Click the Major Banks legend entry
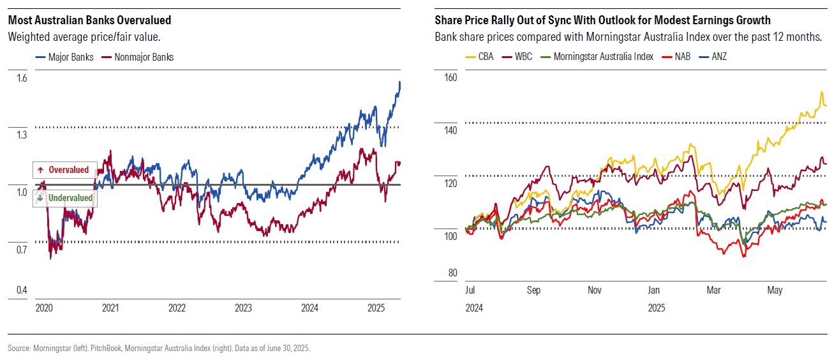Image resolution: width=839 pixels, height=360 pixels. [71, 57]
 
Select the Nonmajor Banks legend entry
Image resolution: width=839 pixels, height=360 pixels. [144, 57]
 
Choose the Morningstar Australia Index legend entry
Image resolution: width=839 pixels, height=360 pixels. [603, 56]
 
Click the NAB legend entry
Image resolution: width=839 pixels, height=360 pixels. [681, 56]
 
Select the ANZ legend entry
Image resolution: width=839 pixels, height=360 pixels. [718, 56]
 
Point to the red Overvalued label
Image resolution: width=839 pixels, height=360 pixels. [64, 170]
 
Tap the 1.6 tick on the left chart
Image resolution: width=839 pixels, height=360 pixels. [22, 79]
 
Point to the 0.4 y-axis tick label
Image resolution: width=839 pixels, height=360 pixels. [22, 291]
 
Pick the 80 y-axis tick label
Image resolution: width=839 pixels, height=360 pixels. [452, 273]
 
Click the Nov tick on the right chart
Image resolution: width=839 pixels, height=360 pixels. [594, 290]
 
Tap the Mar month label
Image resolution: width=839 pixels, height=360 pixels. [714, 290]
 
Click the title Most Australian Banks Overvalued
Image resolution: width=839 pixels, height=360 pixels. [89, 20]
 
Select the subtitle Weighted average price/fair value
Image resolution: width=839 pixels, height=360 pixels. [84, 37]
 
